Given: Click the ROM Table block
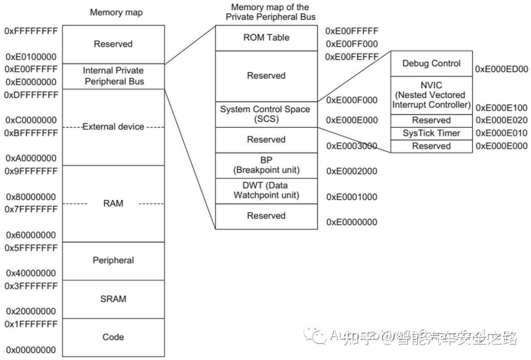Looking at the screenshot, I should point(266,38).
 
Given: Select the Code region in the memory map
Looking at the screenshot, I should point(113,337).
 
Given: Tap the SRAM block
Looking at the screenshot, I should point(113,299).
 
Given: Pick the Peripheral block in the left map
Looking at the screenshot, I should point(113,260).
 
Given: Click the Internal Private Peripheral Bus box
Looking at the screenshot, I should point(114,76).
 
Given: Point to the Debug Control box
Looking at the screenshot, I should point(431,63).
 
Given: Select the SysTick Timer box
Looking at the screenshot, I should point(431,133).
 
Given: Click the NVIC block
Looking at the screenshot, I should point(431,95).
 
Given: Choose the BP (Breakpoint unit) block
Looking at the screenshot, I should point(266,165).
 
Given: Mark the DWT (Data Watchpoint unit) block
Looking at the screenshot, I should point(266,191).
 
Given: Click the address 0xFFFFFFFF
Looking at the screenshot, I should point(31,31).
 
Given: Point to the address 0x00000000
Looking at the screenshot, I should point(31,350).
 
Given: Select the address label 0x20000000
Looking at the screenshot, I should point(31,311).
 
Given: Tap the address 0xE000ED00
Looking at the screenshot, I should point(501,70).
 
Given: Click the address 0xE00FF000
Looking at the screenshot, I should point(352,44).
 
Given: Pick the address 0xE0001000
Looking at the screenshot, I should point(352,197).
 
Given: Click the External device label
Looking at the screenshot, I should point(113,127).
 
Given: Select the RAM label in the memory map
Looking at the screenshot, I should point(113,203).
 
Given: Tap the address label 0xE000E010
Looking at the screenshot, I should point(501,133).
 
